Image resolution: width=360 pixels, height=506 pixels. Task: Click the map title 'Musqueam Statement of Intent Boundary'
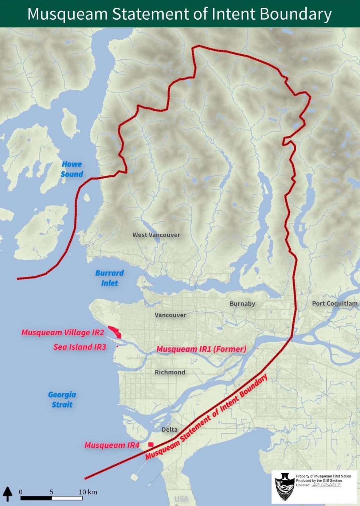click(x=180, y=14)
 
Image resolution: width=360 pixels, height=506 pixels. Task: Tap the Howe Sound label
click(x=72, y=169)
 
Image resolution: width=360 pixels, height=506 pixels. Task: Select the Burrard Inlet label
click(x=109, y=278)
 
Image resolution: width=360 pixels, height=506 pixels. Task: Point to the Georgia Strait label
click(x=62, y=399)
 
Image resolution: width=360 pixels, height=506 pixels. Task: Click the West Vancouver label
click(x=156, y=235)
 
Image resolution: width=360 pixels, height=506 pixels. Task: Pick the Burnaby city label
click(x=242, y=303)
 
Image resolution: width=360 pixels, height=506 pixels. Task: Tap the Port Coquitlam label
click(x=334, y=303)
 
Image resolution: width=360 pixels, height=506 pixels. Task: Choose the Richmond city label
click(x=170, y=372)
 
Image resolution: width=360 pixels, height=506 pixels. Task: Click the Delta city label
click(x=169, y=429)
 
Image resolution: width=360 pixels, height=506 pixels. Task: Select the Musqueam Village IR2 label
click(x=63, y=332)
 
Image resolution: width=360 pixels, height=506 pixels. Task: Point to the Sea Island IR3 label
click(x=79, y=347)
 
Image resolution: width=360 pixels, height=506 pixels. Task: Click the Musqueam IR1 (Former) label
click(x=201, y=349)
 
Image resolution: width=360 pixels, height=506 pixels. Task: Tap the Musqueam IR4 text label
click(x=112, y=445)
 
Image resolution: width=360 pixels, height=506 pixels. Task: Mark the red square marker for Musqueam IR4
click(x=151, y=444)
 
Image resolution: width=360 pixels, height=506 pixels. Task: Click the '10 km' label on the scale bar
click(x=88, y=492)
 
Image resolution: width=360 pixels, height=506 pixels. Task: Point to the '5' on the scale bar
click(x=51, y=492)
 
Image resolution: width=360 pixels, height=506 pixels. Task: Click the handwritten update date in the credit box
click(x=326, y=485)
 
